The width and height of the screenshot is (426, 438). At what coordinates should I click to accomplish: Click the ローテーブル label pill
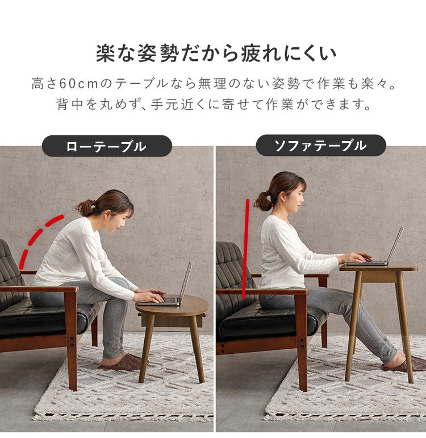(107, 146)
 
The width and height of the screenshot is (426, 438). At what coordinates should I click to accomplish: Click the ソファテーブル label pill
(320, 146)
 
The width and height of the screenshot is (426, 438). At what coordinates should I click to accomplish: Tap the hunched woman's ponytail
(85, 208)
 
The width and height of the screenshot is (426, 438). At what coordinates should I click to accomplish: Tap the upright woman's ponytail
(263, 200)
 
